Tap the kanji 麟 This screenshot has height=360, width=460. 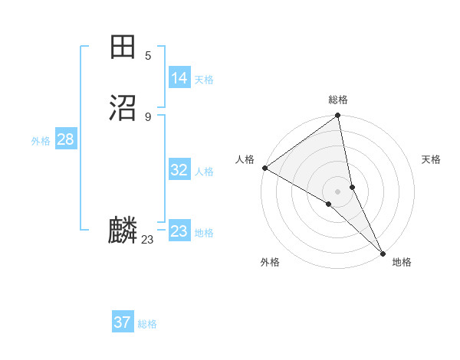(x=123, y=231)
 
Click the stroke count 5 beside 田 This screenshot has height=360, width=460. (x=148, y=56)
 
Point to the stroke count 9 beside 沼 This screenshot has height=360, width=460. (x=148, y=116)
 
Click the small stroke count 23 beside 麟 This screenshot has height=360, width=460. (x=147, y=240)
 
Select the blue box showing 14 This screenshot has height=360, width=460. (x=179, y=78)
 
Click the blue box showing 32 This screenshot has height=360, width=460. (x=179, y=171)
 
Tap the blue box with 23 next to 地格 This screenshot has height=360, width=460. (x=179, y=231)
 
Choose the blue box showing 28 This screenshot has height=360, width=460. (x=65, y=139)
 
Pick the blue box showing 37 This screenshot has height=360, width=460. (x=123, y=322)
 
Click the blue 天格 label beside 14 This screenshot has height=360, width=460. (x=204, y=80)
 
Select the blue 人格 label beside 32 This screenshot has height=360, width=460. (x=204, y=172)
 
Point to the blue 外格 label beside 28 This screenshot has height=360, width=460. (x=41, y=141)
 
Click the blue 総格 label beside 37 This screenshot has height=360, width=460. (x=147, y=324)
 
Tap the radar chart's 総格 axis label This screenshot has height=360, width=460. (x=338, y=100)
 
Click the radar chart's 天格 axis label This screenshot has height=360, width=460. (x=431, y=159)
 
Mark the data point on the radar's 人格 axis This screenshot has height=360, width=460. (x=264, y=168)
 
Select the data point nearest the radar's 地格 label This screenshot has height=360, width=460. (x=383, y=253)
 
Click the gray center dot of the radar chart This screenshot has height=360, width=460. (x=337, y=191)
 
